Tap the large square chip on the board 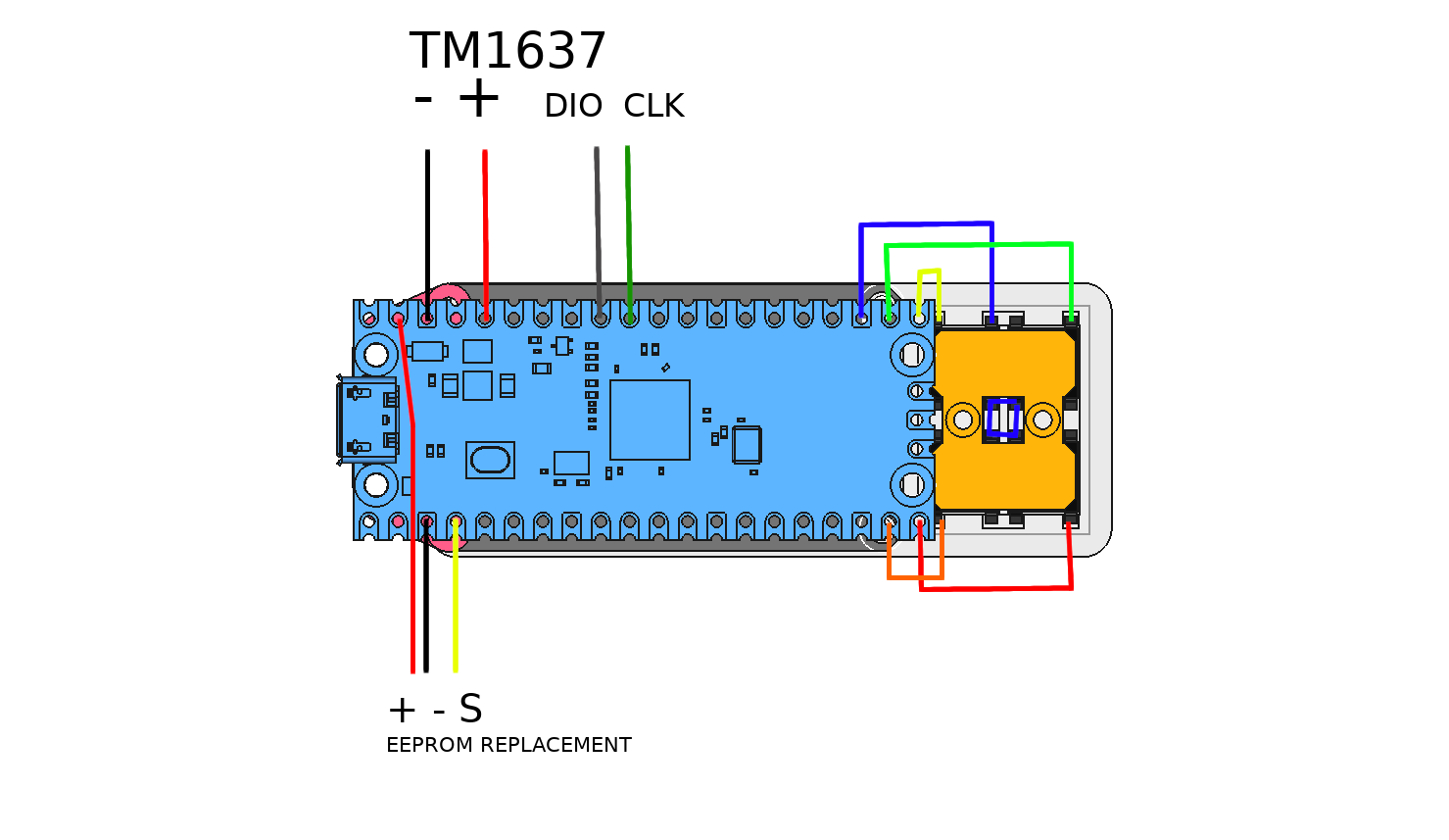[650, 420]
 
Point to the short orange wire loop [915, 577]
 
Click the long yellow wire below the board [456, 608]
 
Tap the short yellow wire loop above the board [929, 271]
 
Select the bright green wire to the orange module [980, 244]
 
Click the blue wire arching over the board [926, 224]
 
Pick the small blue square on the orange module [1002, 419]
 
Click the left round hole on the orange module [963, 420]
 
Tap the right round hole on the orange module [1042, 420]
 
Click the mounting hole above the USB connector [375, 354]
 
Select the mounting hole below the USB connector [375, 484]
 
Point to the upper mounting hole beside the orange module [912, 354]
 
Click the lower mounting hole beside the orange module [912, 484]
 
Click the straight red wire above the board [485, 225]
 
